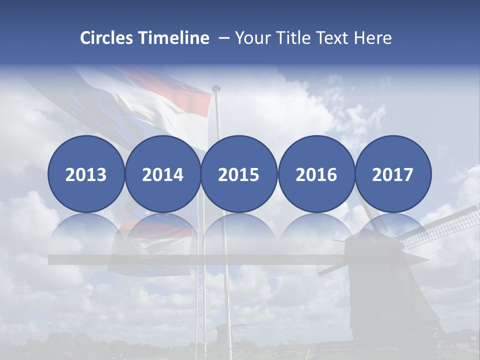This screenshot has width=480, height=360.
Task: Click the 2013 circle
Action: [86, 174]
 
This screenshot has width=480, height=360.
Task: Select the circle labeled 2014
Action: [162, 174]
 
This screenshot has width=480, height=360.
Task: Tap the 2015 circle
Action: [239, 174]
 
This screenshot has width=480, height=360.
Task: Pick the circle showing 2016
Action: [316, 174]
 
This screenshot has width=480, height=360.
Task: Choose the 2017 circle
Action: [392, 174]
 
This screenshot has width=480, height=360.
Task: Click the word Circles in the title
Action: [107, 38]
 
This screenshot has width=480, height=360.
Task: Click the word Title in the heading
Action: [296, 38]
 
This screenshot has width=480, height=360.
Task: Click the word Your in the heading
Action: [253, 38]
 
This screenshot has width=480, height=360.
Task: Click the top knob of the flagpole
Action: [216, 88]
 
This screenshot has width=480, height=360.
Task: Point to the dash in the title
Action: [224, 38]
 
